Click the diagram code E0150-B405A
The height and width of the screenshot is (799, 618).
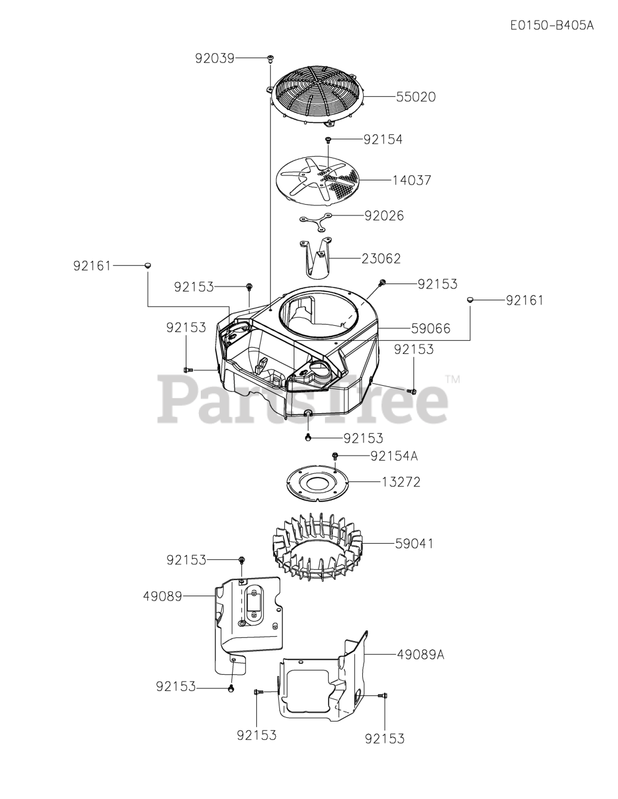point(551,26)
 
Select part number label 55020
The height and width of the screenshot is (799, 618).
point(415,97)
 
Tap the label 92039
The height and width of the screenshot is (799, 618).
point(214,58)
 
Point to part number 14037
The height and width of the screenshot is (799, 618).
point(412,180)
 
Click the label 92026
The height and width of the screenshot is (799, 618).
point(384,215)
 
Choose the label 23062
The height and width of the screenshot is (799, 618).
point(381,258)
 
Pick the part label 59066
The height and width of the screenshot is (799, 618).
point(431,328)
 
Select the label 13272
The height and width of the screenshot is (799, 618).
point(402,482)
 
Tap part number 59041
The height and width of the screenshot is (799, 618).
point(414,544)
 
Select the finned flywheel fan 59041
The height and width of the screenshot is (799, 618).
point(316,545)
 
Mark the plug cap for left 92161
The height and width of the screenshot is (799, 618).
point(148,266)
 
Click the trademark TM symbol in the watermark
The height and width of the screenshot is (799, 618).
point(453,380)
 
